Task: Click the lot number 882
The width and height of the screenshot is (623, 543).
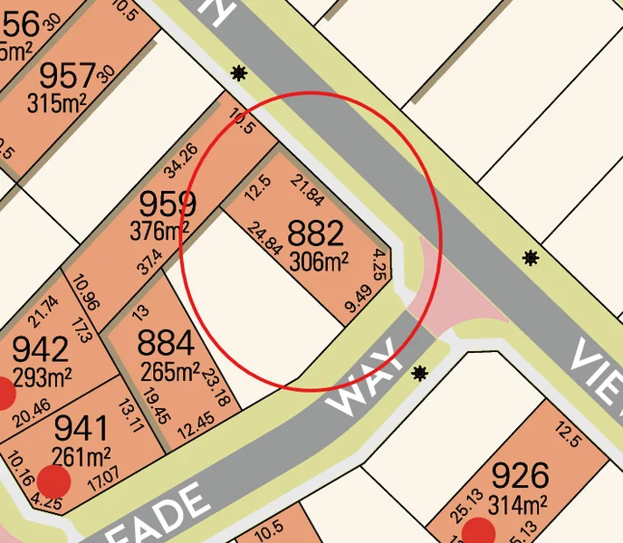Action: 315,234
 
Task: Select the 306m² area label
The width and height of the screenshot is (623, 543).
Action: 319,262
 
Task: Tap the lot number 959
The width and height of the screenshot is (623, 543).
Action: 167,204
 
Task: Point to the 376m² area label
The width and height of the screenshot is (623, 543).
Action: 162,232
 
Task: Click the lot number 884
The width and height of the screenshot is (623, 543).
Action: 165,344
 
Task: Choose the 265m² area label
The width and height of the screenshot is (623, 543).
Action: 170,371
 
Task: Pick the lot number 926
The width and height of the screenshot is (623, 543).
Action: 519,475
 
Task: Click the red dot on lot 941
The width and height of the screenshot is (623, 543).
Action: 54,482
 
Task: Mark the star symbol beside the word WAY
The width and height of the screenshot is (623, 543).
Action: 419,373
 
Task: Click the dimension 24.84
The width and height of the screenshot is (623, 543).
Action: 264,239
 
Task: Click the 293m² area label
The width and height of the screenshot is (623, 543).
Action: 41,376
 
